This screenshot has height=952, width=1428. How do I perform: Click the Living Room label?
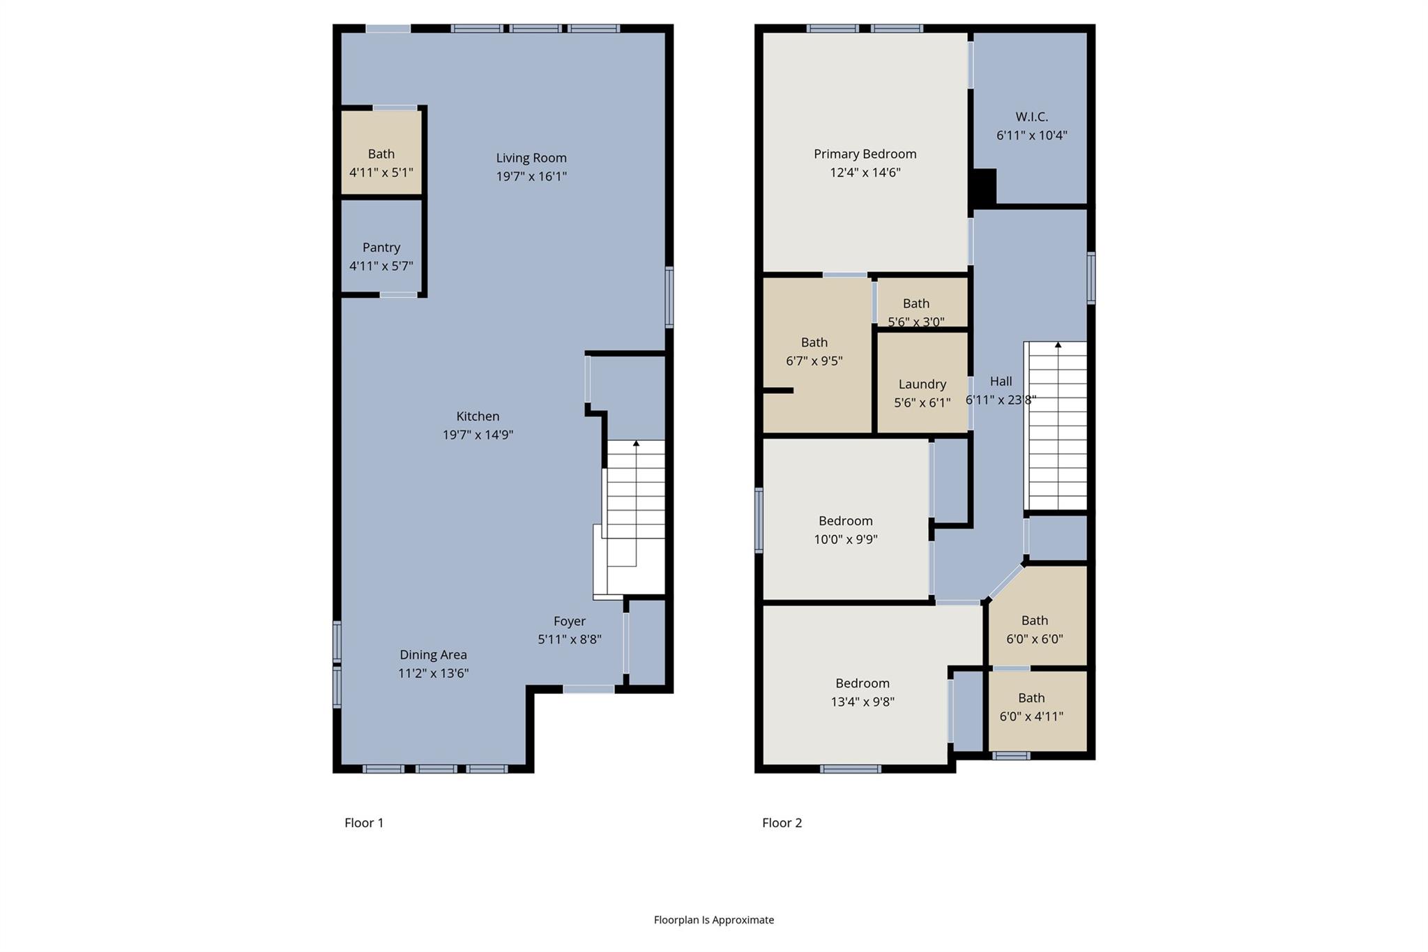tap(531, 158)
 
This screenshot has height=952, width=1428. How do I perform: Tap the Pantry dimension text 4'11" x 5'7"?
tap(381, 266)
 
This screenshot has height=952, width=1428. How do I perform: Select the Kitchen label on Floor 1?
tap(478, 416)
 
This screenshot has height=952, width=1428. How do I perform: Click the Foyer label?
tap(569, 621)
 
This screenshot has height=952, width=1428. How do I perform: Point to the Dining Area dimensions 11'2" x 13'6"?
tap(433, 674)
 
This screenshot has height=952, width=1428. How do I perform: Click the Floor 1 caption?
tap(364, 823)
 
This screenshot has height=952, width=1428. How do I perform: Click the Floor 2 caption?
tap(782, 823)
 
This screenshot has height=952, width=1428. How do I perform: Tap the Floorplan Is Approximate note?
tap(713, 920)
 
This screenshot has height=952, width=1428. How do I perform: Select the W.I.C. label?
tap(1031, 117)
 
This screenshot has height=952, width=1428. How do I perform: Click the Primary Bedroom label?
tap(865, 154)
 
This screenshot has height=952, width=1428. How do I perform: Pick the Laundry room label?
tap(922, 384)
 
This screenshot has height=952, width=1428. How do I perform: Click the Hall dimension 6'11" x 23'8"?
tap(1001, 400)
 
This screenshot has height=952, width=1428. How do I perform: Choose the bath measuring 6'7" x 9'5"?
tap(814, 352)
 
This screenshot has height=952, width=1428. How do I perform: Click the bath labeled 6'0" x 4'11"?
tap(1031, 707)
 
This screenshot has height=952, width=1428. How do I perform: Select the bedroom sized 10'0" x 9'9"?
tap(845, 530)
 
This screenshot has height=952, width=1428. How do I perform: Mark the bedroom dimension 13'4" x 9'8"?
tap(862, 702)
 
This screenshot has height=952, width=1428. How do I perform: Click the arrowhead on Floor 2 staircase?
tap(1058, 345)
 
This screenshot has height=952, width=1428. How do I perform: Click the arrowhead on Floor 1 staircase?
tap(636, 443)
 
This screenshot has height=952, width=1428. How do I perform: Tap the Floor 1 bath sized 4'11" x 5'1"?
tap(381, 163)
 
